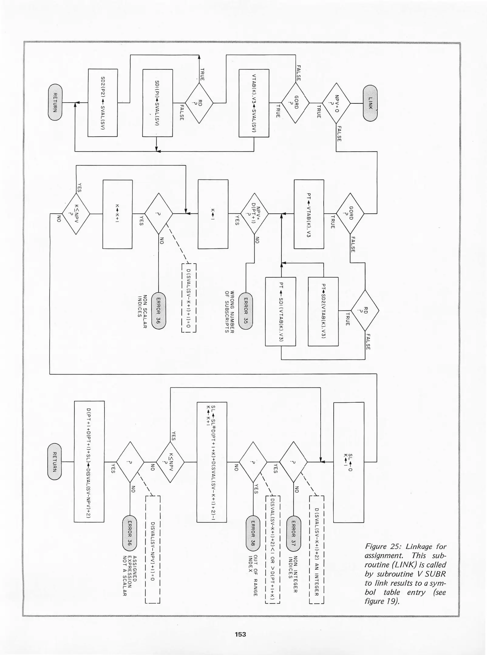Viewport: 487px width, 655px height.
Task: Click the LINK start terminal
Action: click(370, 103)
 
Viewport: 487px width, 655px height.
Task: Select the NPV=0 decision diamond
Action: click(336, 103)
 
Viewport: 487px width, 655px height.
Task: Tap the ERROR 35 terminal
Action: click(246, 311)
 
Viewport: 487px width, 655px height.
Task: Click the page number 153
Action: click(240, 634)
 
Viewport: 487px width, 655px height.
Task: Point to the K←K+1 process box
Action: click(117, 214)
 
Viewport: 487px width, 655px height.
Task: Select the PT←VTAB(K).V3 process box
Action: click(309, 214)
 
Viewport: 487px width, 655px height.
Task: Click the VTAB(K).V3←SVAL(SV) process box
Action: click(254, 103)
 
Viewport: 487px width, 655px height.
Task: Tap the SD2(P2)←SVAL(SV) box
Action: click(103, 103)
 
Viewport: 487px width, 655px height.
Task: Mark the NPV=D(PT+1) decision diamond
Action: click(254, 214)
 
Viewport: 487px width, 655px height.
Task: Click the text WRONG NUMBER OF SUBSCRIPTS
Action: click(230, 312)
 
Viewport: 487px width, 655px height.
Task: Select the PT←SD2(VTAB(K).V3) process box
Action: click(323, 311)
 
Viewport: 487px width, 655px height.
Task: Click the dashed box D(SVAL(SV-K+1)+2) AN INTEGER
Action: click(316, 550)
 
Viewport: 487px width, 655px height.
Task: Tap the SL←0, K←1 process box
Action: click(349, 462)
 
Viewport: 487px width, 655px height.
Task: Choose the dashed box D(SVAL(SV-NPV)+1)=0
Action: click(153, 550)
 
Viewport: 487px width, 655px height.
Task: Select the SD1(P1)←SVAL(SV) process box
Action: click(158, 103)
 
